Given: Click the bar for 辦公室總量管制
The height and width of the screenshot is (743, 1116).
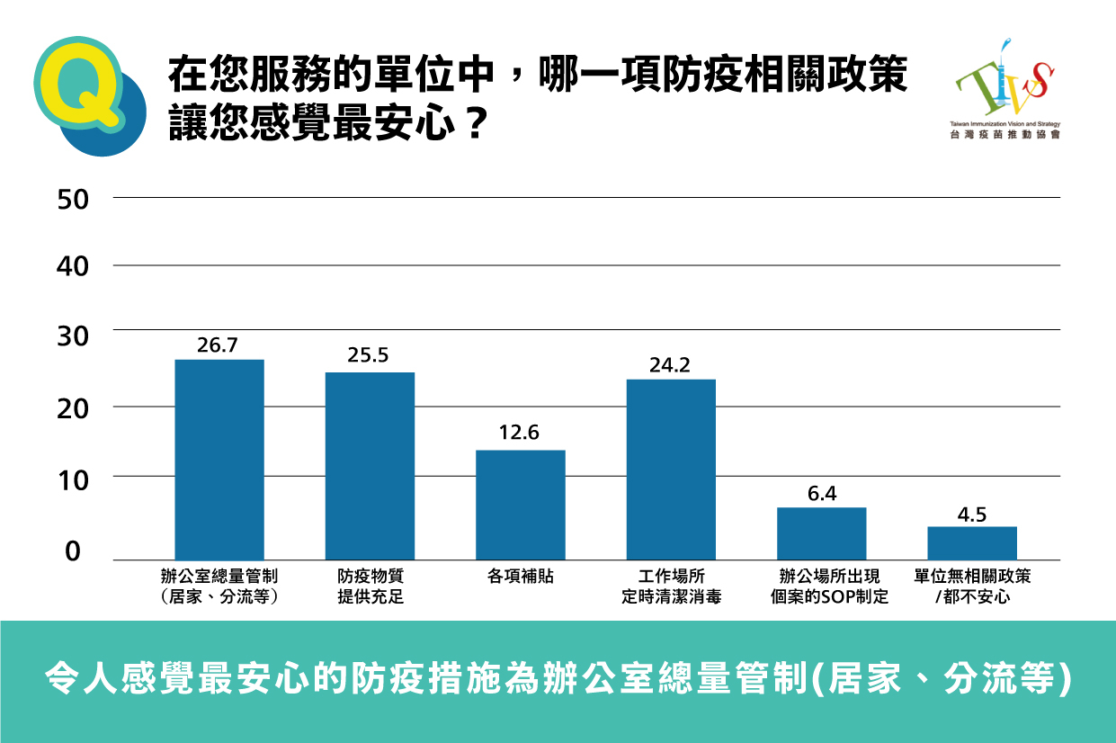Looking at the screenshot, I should pos(219,460).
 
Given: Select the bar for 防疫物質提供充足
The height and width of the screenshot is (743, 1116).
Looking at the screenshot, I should pos(370,466).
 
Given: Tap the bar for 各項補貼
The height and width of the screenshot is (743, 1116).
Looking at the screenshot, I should pos(520,505).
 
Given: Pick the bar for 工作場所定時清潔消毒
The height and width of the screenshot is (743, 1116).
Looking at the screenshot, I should pos(671,470).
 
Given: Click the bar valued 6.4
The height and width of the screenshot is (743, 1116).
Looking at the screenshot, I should pos(821,533).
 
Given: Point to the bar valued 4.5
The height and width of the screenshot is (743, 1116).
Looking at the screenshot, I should pos(971,543).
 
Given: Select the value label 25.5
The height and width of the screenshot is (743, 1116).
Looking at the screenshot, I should pos(368,356).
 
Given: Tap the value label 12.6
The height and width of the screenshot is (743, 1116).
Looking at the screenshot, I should pos(519,433).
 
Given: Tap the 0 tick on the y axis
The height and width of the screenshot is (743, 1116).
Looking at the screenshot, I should pos(73,551).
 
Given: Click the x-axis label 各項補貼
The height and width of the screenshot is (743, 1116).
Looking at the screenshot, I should pos(520,577).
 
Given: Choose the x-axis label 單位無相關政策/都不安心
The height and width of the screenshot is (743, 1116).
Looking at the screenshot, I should pos(972,586).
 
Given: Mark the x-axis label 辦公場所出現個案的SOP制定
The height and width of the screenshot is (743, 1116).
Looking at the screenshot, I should pos(821,586).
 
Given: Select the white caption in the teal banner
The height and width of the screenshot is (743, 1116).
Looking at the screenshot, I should pos(558,679).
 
